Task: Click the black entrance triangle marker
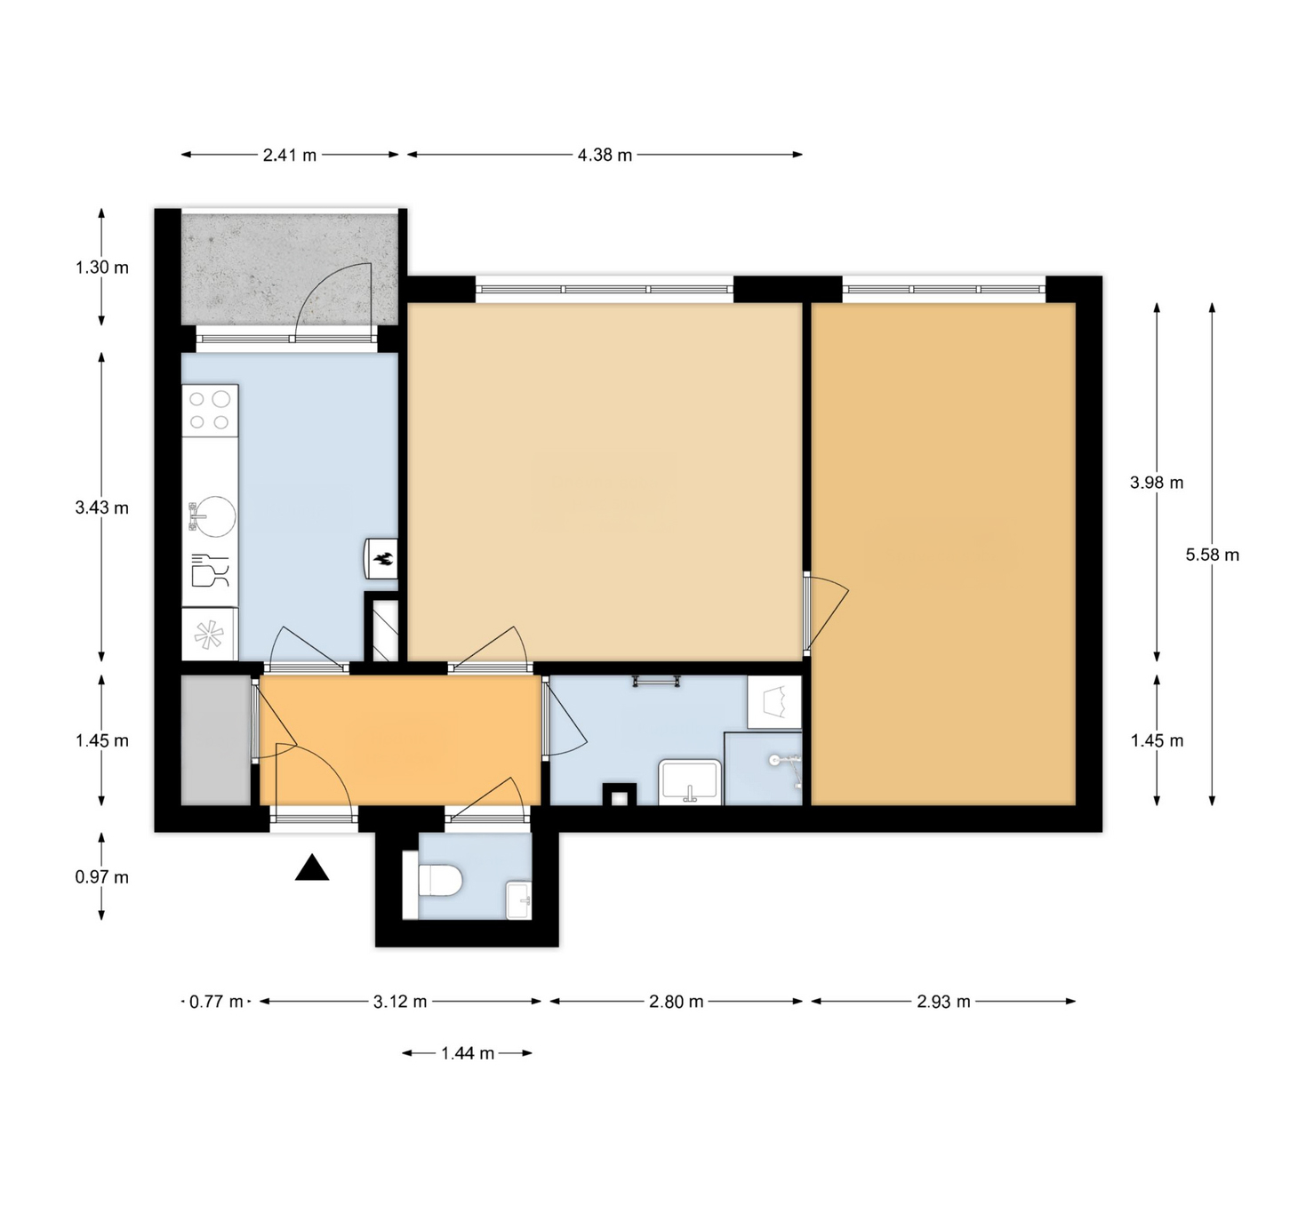point(312,867)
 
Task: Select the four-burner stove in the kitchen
point(211,411)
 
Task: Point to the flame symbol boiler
point(381,559)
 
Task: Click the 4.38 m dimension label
point(605,156)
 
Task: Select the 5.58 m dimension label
point(1213,555)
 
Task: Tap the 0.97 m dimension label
point(101,876)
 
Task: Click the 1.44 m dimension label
point(467,1053)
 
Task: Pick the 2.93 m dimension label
point(943,1002)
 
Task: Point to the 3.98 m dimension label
point(1157,483)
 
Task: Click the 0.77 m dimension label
point(216,1002)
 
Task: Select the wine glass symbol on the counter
point(211,570)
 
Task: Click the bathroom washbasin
point(690,781)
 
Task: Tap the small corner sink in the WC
point(519,900)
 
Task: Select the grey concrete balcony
point(290,268)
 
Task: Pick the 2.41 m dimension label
point(290,156)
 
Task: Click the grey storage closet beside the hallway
point(216,740)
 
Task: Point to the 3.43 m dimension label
point(101,507)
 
